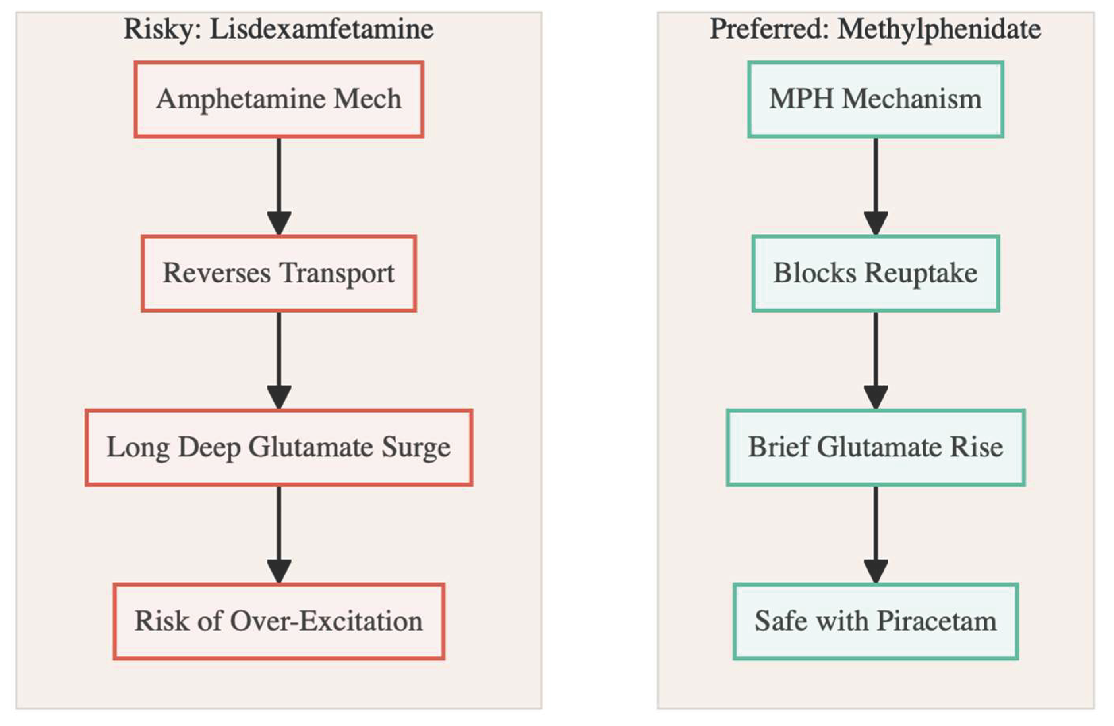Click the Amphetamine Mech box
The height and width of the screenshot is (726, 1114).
(x=279, y=99)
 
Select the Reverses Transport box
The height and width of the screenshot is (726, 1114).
(x=279, y=273)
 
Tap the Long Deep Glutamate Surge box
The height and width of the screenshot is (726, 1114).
(x=279, y=447)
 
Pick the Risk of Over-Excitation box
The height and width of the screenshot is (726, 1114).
(x=279, y=621)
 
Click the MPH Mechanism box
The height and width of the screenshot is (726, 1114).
(x=875, y=99)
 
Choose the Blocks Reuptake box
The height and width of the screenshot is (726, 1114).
(x=875, y=273)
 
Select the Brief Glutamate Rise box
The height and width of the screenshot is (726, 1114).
(x=875, y=447)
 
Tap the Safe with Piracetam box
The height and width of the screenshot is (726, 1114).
(x=875, y=621)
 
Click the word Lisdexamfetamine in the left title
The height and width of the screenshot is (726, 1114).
(x=321, y=29)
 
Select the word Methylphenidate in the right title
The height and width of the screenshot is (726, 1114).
(x=939, y=29)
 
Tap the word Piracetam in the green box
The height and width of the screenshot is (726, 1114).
(x=936, y=621)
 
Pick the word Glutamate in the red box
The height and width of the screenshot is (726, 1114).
(x=310, y=447)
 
